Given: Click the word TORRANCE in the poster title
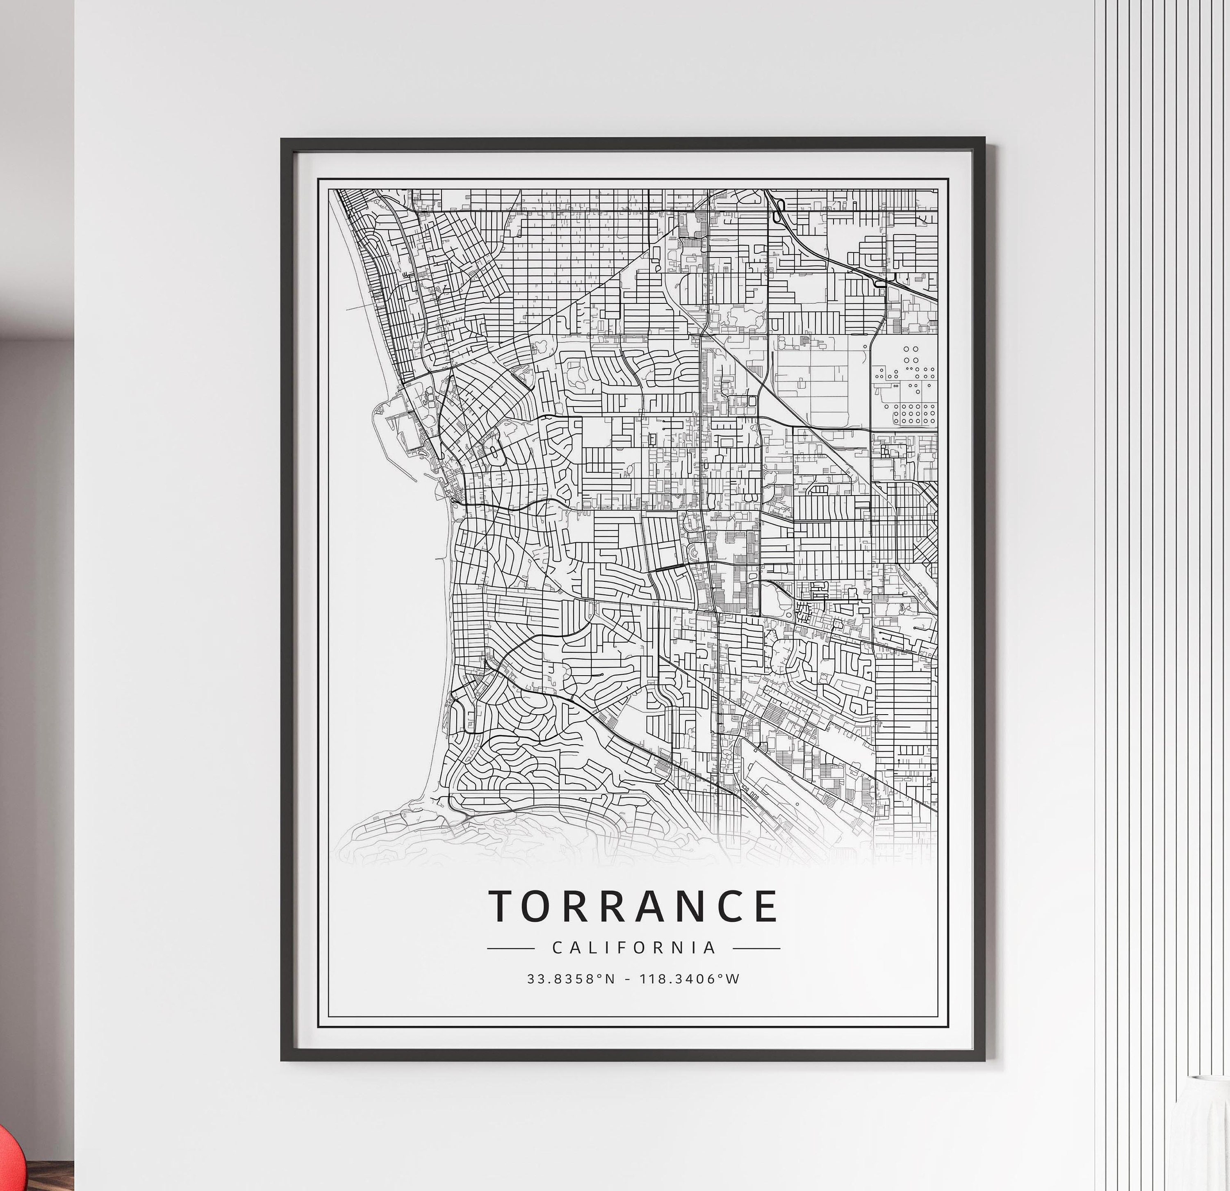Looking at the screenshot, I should [634, 906].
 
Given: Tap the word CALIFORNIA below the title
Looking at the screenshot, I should [634, 947].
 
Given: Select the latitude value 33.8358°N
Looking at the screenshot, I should [571, 979].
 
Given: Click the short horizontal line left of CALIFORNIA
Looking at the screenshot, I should [510, 949].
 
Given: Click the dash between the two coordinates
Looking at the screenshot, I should [628, 979].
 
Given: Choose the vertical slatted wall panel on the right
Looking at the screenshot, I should [1161, 439].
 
